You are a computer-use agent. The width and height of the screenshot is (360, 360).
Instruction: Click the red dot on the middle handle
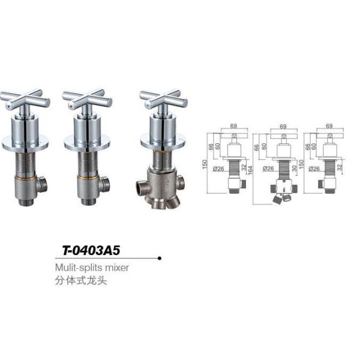73,106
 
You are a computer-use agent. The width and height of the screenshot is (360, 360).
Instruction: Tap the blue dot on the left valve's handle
10,106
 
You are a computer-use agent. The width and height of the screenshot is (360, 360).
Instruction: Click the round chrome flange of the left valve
24,142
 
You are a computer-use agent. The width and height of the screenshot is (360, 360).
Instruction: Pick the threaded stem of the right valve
163,160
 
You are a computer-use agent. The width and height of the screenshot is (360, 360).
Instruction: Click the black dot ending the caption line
159,259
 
